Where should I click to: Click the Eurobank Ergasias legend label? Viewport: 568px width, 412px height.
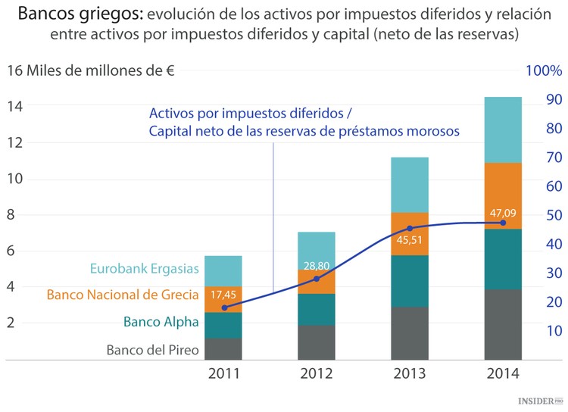coord(145,268)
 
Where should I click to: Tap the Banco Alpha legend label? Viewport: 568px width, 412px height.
coord(161,322)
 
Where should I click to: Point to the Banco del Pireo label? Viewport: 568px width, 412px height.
coord(152,349)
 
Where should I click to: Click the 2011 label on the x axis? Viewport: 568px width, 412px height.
coord(223,373)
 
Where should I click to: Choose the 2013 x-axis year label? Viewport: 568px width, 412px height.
coord(410,373)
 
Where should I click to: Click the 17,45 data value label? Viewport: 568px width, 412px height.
coord(223,295)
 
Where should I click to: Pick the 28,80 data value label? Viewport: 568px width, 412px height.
coord(316,267)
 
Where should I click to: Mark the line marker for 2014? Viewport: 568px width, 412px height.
coord(503,223)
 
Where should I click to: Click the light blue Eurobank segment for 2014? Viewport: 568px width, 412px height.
coord(503,130)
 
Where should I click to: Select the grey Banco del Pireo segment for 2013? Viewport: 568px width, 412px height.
coord(410,332)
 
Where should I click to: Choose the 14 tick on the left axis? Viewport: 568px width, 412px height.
coord(14,107)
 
